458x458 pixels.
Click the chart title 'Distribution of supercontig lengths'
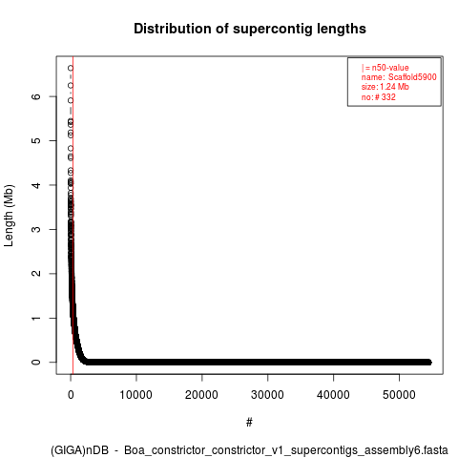pos(250,29)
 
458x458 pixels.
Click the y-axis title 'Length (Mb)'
pos(9,216)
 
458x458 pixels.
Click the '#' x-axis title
pos(249,423)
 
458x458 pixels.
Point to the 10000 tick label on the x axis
pos(136,395)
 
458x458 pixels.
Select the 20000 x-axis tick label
pos(201,395)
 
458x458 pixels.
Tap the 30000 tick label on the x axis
pos(267,395)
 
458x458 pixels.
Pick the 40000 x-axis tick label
pos(333,395)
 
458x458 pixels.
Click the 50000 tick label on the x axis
pos(399,395)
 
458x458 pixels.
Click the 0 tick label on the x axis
pos(71,395)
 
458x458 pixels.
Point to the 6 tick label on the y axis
pos(36,96)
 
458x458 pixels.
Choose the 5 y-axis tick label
pos(36,140)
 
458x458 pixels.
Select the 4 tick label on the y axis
pos(36,185)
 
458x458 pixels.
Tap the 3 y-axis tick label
pos(36,229)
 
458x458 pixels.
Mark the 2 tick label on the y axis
pos(36,274)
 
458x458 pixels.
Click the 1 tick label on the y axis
pos(36,318)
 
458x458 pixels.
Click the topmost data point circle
pos(71,68)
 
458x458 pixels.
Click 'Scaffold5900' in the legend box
pos(412,77)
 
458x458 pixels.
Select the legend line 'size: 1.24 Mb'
pos(385,87)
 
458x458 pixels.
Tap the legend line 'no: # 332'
pos(379,97)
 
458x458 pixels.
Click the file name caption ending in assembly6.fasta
pos(249,450)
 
